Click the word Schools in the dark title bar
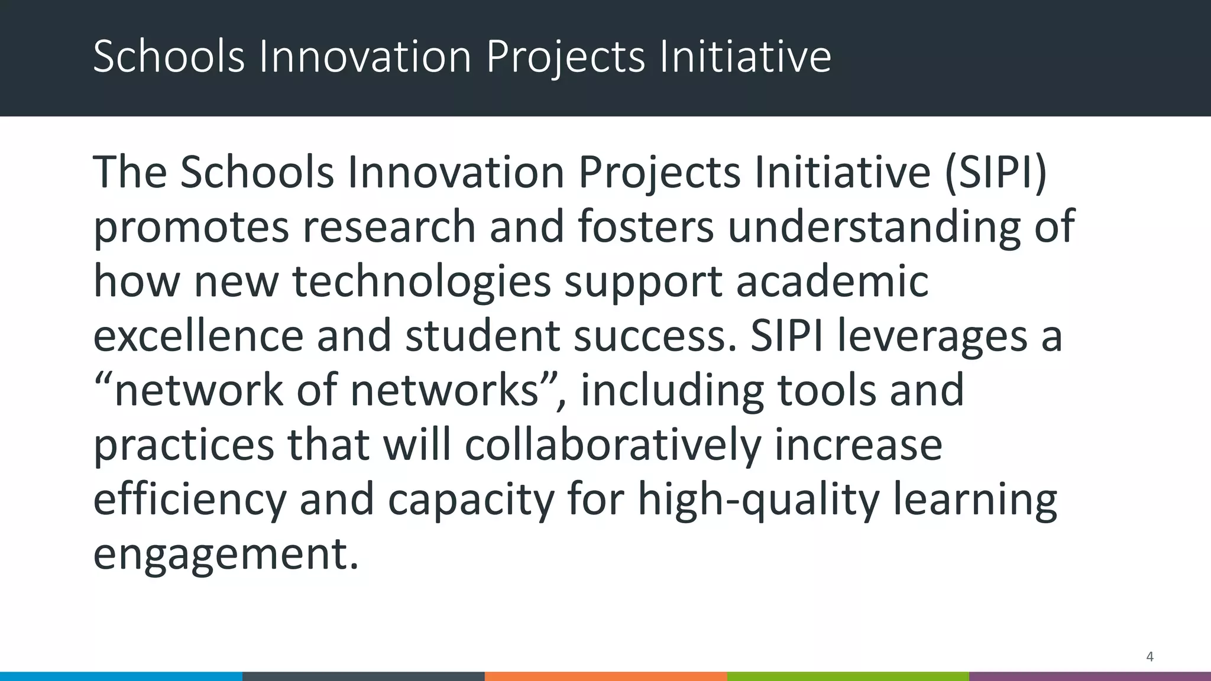click(x=169, y=57)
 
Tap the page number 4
click(x=1150, y=657)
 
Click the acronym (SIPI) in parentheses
click(x=996, y=172)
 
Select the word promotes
click(x=192, y=228)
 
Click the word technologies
click(x=422, y=282)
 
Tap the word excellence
click(x=198, y=336)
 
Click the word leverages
click(x=932, y=336)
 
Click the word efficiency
click(x=190, y=500)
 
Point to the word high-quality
click(x=759, y=500)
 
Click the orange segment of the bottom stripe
click(x=605, y=676)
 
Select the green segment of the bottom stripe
click(x=847, y=676)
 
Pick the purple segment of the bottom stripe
click(x=1090, y=676)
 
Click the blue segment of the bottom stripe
click(x=121, y=676)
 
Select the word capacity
click(x=471, y=500)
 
